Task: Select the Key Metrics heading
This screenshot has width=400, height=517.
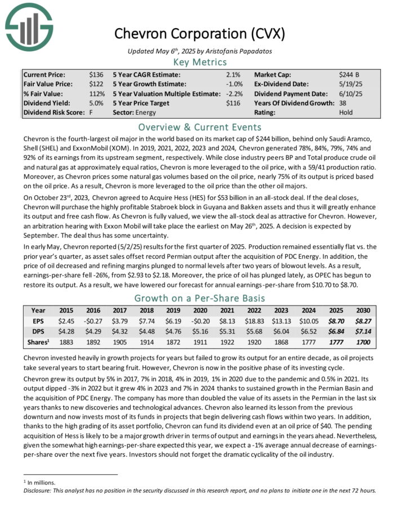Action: [x=200, y=62]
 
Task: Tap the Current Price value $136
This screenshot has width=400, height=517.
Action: [x=96, y=74]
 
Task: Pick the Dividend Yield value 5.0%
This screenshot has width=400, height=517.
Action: [x=96, y=103]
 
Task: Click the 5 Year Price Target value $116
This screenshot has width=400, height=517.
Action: [x=233, y=103]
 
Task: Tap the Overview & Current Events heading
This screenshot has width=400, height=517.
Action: [x=200, y=126]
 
